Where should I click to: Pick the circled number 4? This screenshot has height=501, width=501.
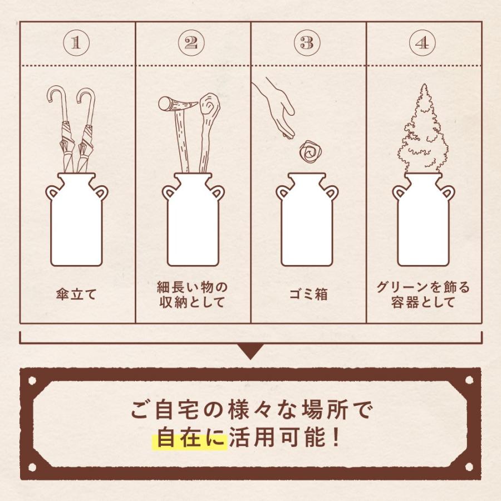click(423, 43)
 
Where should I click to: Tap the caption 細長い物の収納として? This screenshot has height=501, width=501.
click(192, 295)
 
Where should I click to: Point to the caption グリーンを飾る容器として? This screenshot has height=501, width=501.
click(423, 295)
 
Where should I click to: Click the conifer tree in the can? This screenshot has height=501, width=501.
click(423, 131)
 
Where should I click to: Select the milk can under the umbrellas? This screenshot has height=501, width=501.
click(76, 220)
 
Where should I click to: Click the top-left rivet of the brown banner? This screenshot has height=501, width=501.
click(32, 381)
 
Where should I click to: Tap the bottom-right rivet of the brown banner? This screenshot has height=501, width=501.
click(469, 466)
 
